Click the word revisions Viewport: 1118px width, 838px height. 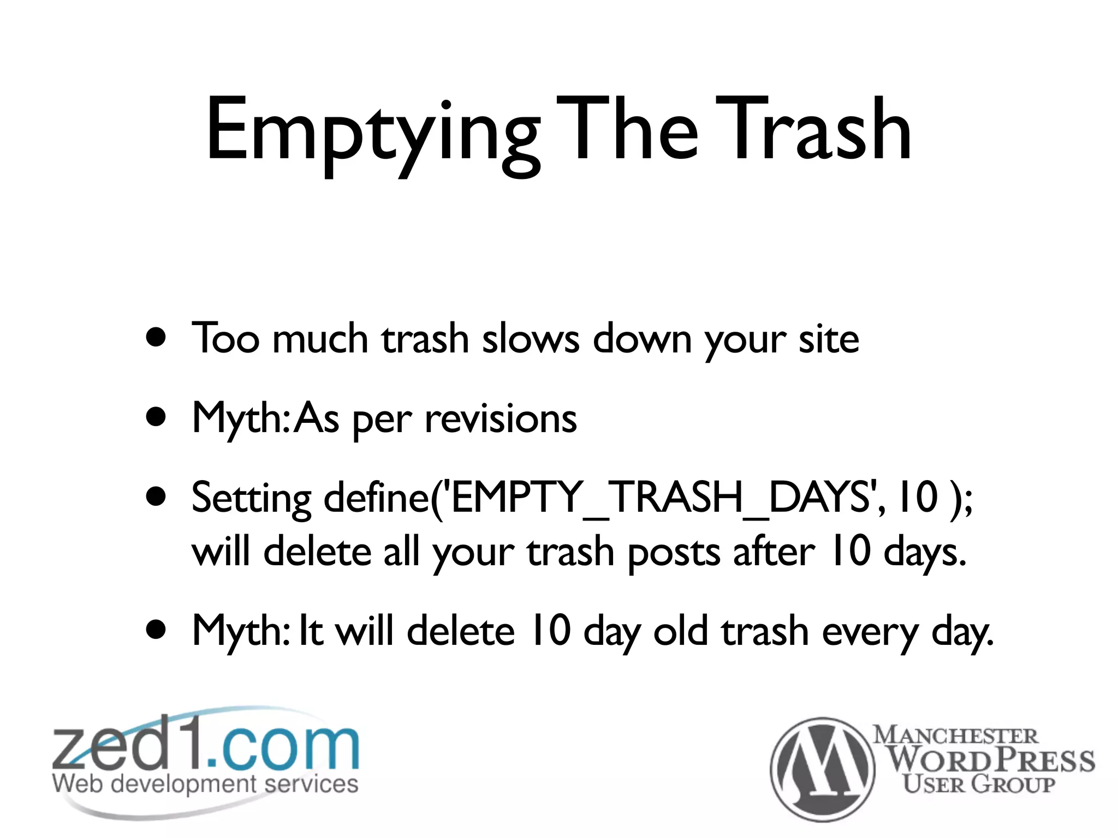point(501,418)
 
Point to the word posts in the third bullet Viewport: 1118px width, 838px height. point(674,552)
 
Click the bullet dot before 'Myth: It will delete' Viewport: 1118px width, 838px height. point(157,630)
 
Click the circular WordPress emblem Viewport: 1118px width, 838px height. point(822,769)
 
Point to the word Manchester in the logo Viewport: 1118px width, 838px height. point(955,735)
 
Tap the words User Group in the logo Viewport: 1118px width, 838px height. point(978,785)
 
